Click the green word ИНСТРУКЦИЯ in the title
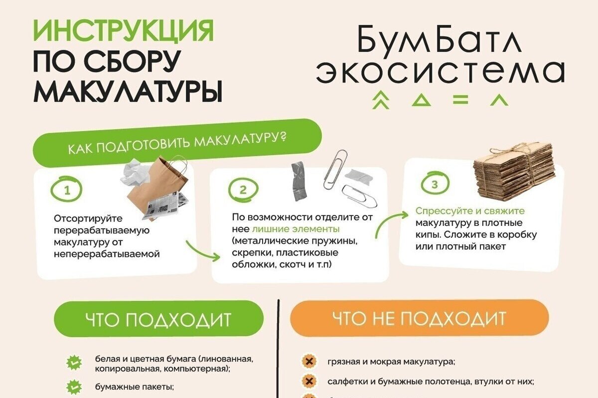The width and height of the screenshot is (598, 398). pos(124,31)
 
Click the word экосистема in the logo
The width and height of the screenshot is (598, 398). pos(441,72)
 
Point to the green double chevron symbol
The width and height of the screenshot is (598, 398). pos(381,99)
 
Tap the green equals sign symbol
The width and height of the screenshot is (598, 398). pos(460,99)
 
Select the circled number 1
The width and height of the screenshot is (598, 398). pos(66,190)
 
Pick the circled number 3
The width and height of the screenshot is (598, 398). pos(435,184)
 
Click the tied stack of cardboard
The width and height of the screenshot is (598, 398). pos(513,173)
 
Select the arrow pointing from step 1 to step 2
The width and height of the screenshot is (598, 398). pos(202,252)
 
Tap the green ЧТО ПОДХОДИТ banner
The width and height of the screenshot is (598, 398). pos(158,318)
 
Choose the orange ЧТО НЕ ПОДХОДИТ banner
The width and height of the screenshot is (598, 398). pos(420,317)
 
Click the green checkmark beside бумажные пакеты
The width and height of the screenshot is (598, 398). pos(74,387)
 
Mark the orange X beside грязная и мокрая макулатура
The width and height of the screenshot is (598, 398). pos(309,362)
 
